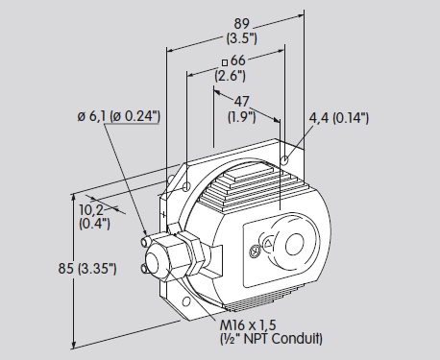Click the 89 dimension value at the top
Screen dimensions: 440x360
241,24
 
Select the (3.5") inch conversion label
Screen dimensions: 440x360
241,38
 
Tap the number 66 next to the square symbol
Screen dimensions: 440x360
238,60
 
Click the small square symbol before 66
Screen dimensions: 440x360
225,62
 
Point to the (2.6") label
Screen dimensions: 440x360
231,76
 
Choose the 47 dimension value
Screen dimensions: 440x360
241,102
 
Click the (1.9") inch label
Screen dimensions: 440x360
242,117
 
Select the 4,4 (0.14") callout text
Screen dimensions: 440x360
339,118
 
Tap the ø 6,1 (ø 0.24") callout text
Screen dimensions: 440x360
118,116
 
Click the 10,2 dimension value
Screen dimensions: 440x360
91,210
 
